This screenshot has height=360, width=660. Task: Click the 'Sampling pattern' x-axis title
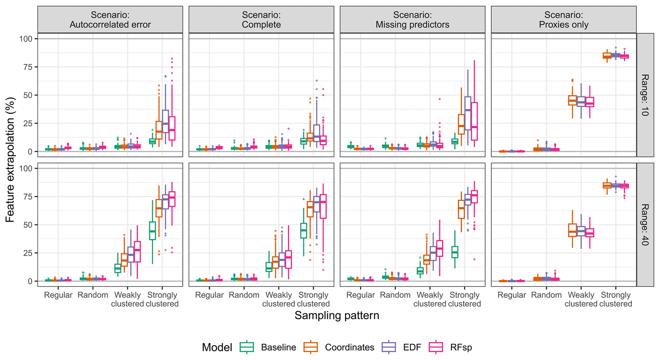pos(337,316)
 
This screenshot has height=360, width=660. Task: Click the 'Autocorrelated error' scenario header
pos(110,20)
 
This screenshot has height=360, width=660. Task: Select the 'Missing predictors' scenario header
pos(412,20)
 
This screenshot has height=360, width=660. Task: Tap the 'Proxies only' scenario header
pos(564,20)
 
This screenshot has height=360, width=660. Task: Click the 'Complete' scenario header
pos(261,20)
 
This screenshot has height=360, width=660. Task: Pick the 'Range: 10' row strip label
pos(645,95)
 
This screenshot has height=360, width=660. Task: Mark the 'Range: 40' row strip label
pos(645,225)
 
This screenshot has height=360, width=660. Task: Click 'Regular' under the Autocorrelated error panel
pos(58,295)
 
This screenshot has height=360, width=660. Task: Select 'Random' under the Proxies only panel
pos(546,295)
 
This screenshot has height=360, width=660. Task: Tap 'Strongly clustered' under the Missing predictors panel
pos(465,299)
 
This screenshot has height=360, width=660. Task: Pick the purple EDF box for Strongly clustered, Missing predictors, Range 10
pos(468,113)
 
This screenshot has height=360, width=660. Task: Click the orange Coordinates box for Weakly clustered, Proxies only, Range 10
pos(573,100)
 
